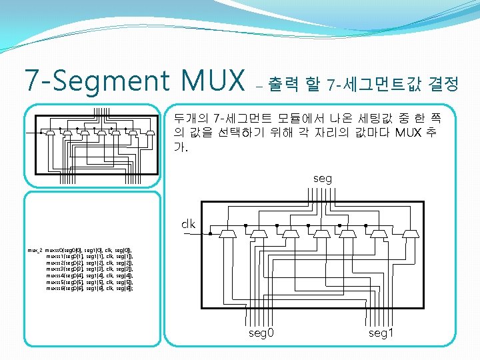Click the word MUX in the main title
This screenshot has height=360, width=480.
[x=215, y=81]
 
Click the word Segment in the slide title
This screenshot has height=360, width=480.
[x=123, y=81]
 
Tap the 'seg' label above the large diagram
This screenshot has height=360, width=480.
[x=323, y=179]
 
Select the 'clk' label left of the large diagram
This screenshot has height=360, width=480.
[x=188, y=224]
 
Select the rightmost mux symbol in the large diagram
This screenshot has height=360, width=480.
[x=411, y=235]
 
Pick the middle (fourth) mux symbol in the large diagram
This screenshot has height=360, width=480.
[x=321, y=235]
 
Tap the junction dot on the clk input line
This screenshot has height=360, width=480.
[x=211, y=235]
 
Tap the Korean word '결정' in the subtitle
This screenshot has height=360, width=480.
[x=444, y=84]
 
